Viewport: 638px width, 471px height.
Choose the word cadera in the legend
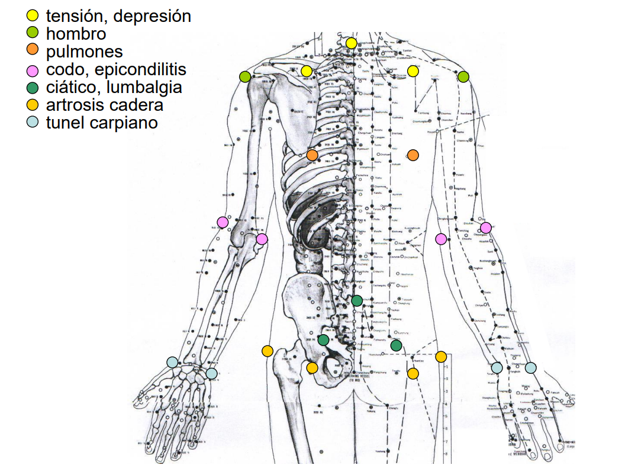[x=138, y=105]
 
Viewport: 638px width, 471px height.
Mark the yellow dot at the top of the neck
[x=352, y=43]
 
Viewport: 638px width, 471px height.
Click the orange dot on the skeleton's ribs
[x=312, y=155]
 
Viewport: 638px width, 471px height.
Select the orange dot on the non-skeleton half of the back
[x=413, y=155]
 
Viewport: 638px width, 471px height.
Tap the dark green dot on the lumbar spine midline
[x=357, y=300]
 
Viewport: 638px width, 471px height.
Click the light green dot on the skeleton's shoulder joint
[x=244, y=76]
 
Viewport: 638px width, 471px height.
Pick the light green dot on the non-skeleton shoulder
[x=463, y=76]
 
